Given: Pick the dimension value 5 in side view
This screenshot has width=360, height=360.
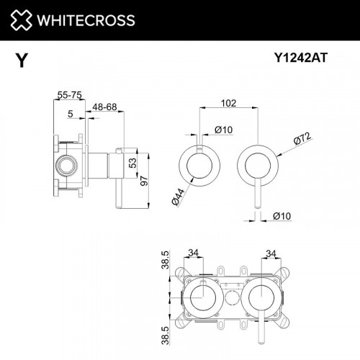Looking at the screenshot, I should click(70, 112).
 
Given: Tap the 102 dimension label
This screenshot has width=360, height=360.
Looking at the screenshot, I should click(229, 102).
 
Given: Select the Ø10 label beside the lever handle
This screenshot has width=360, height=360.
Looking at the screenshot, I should click(282, 216).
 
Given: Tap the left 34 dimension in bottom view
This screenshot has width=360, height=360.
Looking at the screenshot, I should click(193, 252).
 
